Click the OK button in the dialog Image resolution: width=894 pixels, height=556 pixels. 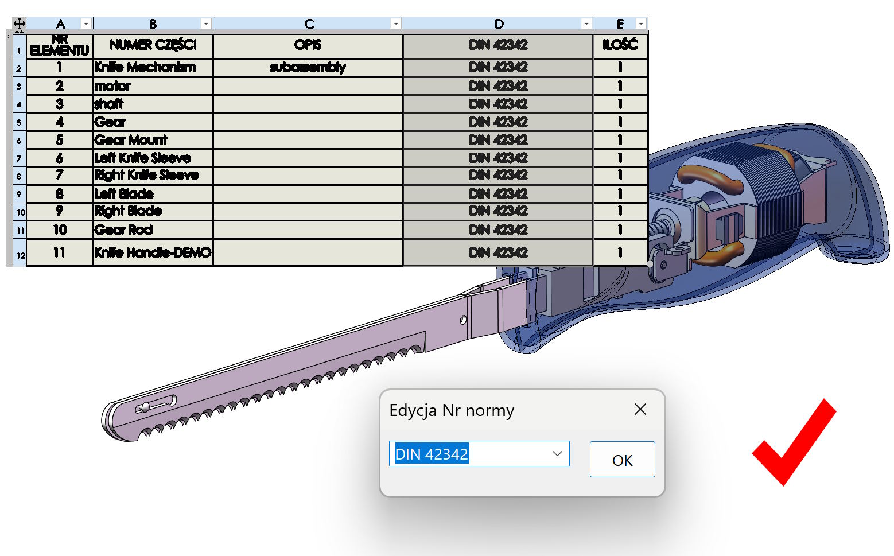click(x=622, y=460)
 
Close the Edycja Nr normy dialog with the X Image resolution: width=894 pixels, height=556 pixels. click(x=640, y=409)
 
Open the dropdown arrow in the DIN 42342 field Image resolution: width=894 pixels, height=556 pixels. click(x=557, y=453)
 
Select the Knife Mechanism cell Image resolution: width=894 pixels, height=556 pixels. click(x=153, y=68)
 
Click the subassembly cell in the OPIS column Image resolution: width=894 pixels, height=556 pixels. click(x=308, y=68)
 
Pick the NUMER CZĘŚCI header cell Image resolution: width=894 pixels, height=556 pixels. click(x=153, y=46)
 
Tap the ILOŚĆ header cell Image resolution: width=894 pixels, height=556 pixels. click(x=620, y=46)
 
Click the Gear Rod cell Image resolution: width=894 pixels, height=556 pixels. click(x=153, y=230)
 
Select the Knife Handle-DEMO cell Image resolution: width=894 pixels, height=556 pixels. click(x=153, y=252)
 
